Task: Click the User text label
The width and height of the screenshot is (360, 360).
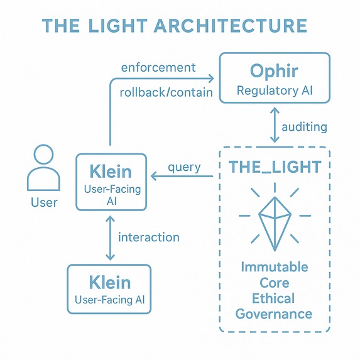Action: click(x=43, y=202)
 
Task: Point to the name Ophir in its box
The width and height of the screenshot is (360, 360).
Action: click(x=274, y=70)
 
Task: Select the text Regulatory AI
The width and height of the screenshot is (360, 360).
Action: click(x=274, y=90)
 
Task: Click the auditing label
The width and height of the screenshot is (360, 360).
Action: click(x=304, y=127)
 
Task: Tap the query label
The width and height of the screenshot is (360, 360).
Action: click(x=183, y=166)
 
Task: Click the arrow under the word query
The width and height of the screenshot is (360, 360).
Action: click(x=182, y=177)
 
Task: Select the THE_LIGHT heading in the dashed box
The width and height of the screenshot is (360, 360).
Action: click(x=274, y=167)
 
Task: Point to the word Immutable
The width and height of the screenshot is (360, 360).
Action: click(x=275, y=267)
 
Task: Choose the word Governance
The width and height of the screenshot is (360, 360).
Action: click(x=275, y=314)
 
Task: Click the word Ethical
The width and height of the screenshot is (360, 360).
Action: click(x=275, y=298)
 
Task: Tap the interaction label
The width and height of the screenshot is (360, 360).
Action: click(x=148, y=237)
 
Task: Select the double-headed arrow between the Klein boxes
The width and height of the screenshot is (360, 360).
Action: click(x=111, y=237)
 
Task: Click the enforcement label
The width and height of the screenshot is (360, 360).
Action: click(x=158, y=67)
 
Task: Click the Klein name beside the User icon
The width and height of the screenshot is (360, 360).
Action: click(x=111, y=171)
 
